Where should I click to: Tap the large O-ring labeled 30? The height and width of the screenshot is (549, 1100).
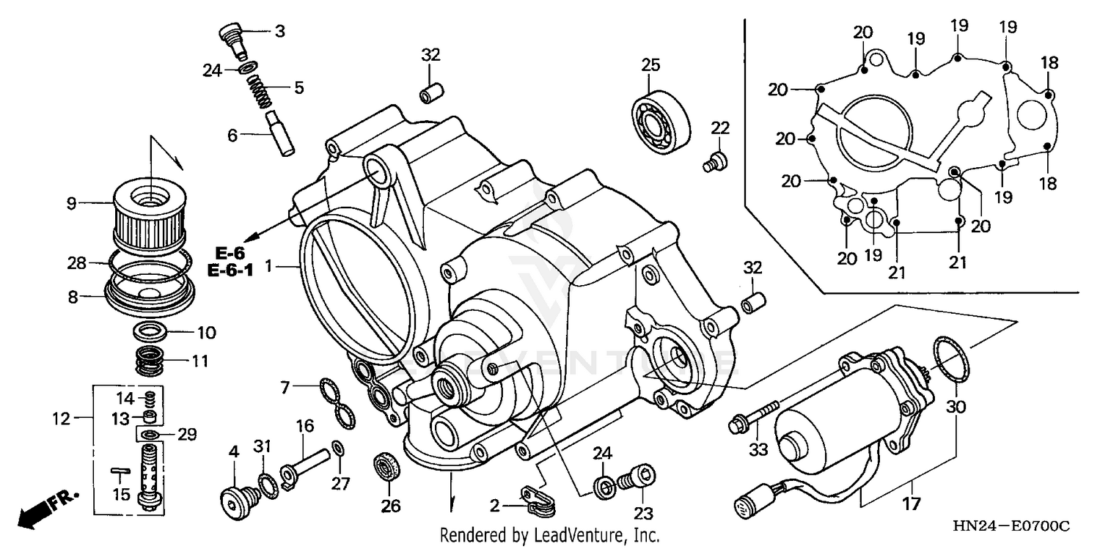952,359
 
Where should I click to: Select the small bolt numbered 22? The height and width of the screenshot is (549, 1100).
715,161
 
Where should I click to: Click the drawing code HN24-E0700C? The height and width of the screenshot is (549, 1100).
1011,528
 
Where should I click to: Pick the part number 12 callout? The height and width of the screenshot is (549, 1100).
61,419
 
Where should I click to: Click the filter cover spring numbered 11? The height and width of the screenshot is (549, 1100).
151,361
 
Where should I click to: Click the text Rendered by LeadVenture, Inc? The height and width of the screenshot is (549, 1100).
549,535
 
